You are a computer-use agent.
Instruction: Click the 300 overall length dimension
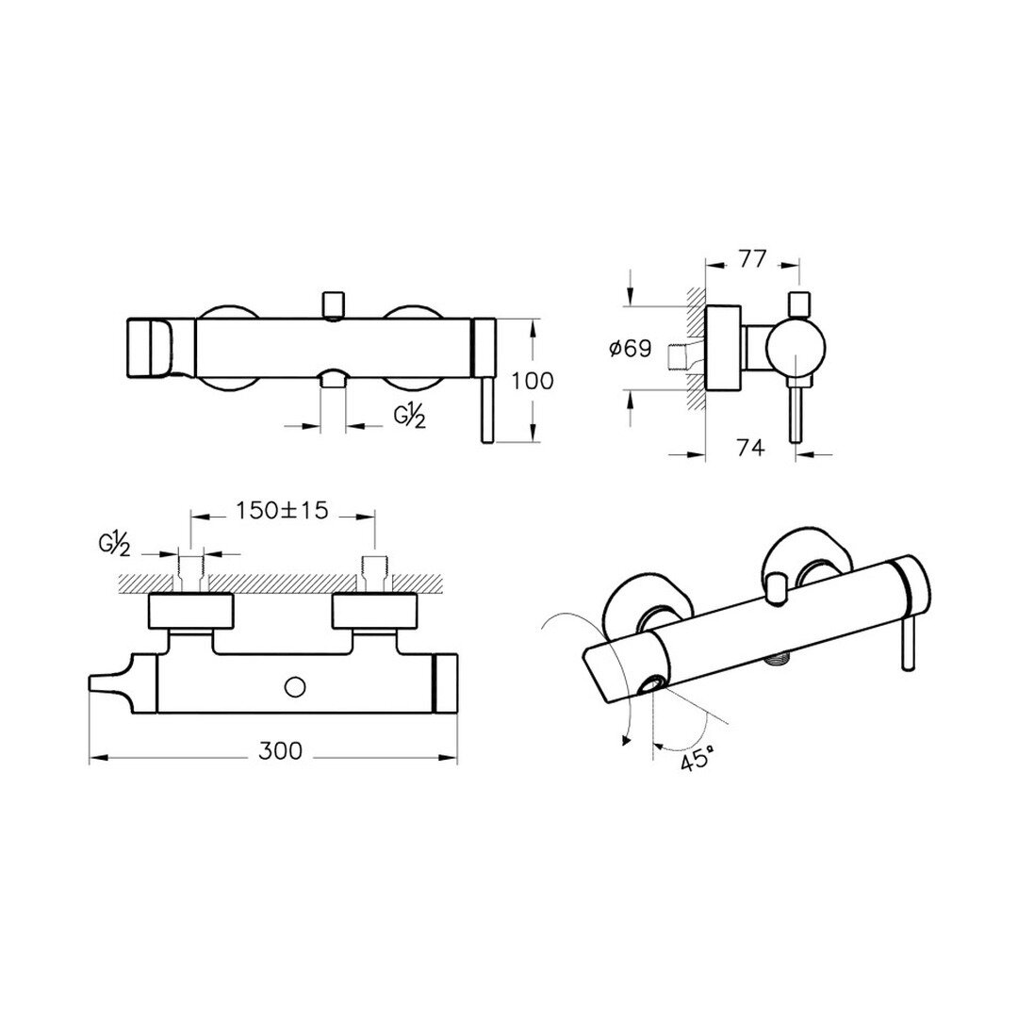[281, 750]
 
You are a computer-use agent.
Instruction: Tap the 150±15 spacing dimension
[282, 510]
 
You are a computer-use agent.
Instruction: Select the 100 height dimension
[533, 381]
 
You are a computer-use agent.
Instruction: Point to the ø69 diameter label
[630, 349]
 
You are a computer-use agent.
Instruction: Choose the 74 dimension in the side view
[750, 447]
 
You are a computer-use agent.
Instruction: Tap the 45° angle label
[698, 759]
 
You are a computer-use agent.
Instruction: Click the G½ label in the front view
[410, 417]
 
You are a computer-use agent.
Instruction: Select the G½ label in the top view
[115, 544]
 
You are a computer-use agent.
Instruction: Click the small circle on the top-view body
[295, 685]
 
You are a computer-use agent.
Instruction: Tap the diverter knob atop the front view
[333, 305]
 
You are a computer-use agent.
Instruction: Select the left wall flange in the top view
[190, 611]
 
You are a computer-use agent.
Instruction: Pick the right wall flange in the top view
[373, 611]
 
